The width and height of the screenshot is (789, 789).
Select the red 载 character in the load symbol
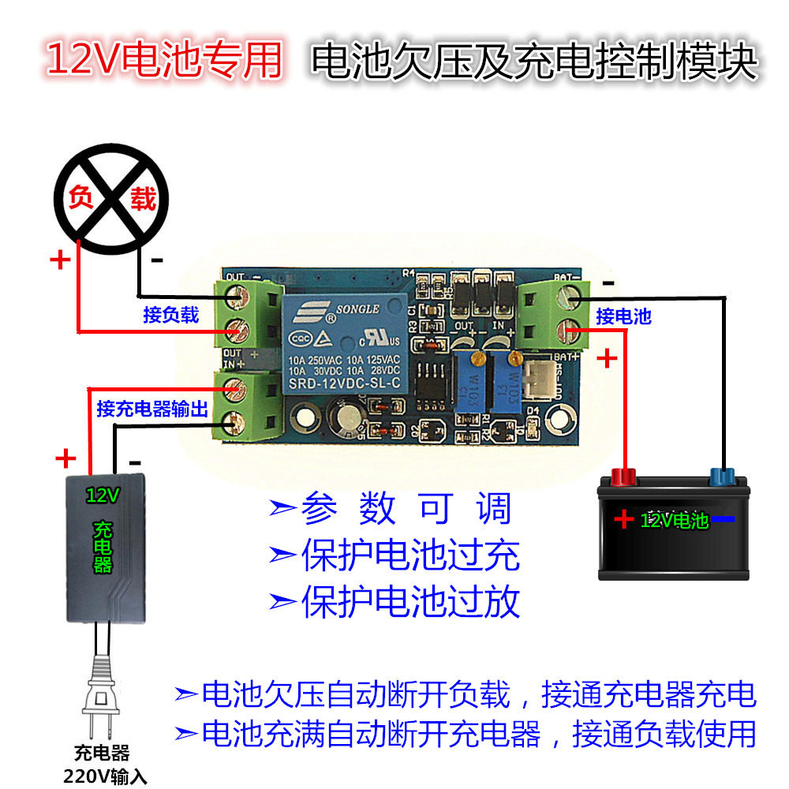point(142,199)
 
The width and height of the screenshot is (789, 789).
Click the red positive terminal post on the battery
point(624,477)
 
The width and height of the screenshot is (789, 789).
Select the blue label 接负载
point(170,315)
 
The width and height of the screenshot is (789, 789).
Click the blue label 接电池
point(623,316)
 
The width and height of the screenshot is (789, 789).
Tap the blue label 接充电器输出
point(151,409)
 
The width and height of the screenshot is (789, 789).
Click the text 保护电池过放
point(410,602)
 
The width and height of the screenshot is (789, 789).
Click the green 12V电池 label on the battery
point(674,520)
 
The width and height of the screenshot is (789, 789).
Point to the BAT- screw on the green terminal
point(570,297)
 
